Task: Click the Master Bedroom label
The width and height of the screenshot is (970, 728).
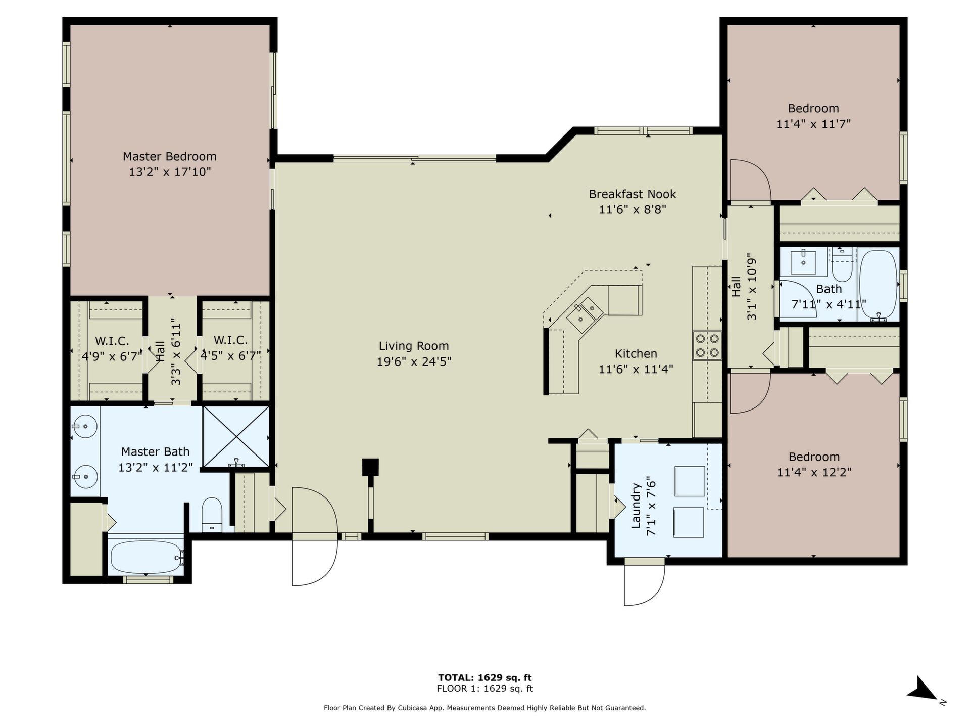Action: click(170, 156)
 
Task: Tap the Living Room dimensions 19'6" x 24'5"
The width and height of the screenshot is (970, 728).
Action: click(414, 361)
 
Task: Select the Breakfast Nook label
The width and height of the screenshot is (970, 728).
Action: click(633, 194)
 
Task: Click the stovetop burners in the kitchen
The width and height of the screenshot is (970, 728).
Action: click(707, 345)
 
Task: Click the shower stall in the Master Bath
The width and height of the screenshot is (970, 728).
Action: click(236, 436)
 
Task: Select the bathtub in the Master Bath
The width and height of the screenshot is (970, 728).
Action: click(147, 557)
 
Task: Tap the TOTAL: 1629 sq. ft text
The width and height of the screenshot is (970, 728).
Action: click(485, 677)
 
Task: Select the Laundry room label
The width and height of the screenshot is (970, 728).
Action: click(636, 506)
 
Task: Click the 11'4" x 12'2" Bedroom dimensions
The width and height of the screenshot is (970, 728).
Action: click(814, 472)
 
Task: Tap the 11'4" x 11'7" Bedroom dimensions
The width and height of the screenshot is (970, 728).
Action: click(813, 124)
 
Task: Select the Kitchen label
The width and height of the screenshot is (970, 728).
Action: click(636, 353)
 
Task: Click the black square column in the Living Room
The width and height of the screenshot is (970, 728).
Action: click(371, 467)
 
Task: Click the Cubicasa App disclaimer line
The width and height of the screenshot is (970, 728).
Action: click(485, 708)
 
